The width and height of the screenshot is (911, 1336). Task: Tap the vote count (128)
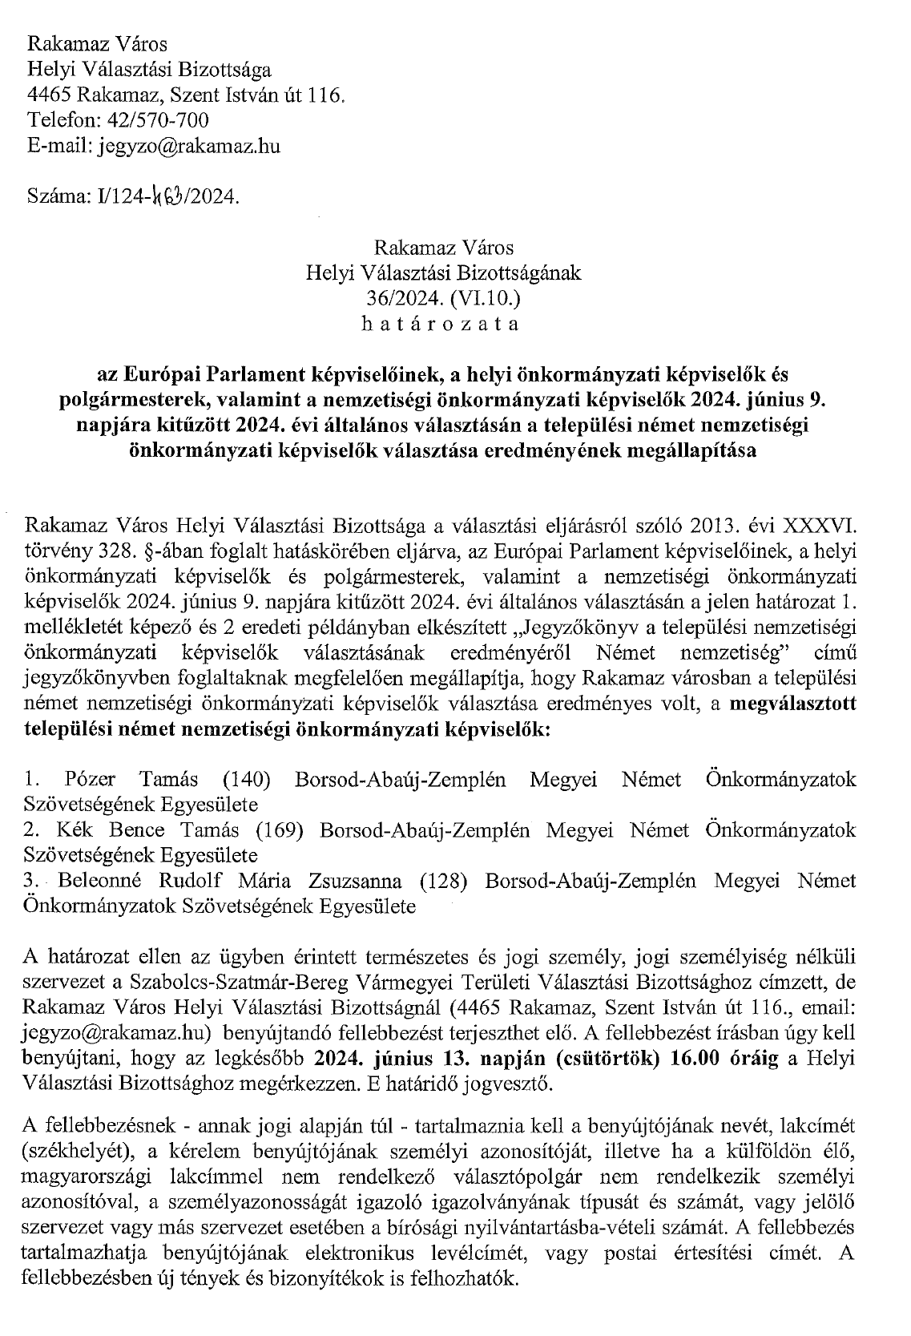(443, 882)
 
